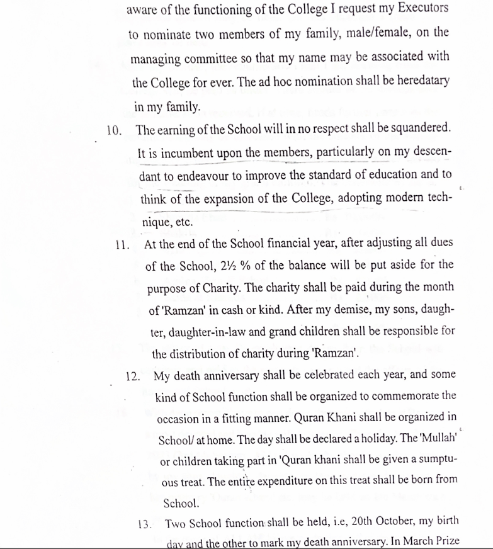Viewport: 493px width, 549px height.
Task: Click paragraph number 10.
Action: coord(113,130)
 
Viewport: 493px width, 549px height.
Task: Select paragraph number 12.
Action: coord(133,376)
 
